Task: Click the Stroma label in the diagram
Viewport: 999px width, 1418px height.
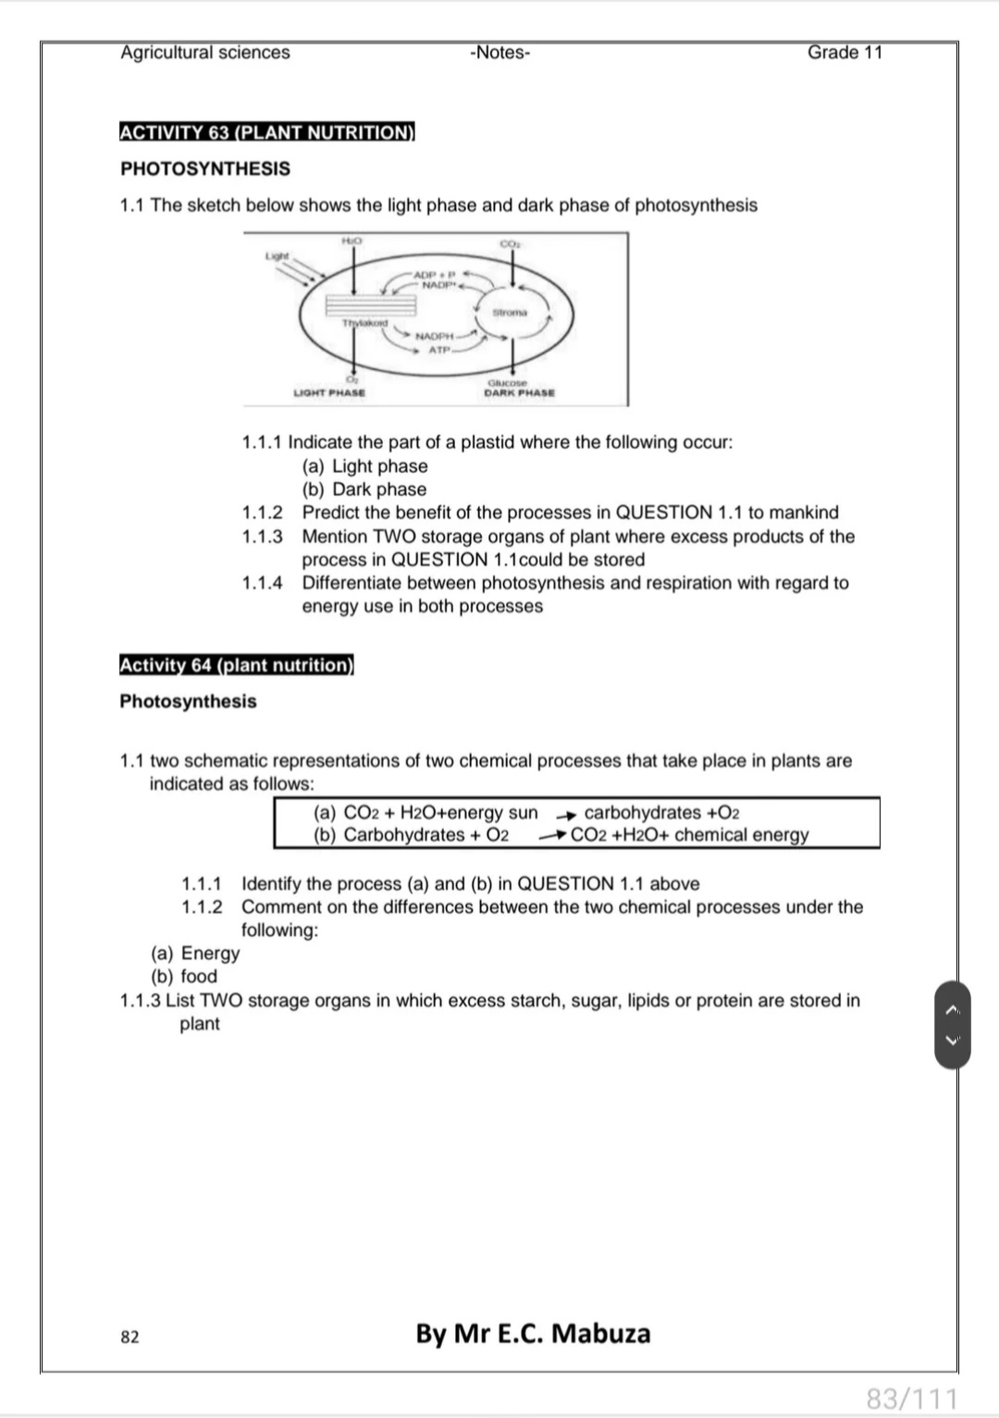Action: [x=510, y=313]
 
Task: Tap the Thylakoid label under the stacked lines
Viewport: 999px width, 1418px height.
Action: [x=365, y=323]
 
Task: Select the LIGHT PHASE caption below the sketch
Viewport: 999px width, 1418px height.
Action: [x=329, y=393]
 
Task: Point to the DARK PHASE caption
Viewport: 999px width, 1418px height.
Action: [x=520, y=393]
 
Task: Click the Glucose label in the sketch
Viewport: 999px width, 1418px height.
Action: [x=507, y=382]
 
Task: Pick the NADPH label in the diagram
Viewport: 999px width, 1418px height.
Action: [x=435, y=337]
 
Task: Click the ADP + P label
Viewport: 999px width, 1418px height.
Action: [x=435, y=275]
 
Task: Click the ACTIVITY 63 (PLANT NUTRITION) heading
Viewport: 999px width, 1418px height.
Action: [x=267, y=132]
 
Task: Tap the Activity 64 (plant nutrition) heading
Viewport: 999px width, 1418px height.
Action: [x=237, y=665]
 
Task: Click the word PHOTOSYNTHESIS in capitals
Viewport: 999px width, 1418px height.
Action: [x=205, y=168]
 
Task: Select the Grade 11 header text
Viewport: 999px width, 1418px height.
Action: [x=845, y=53]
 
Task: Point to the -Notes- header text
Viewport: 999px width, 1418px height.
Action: [x=500, y=53]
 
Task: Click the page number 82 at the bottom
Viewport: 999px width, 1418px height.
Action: [x=129, y=1337]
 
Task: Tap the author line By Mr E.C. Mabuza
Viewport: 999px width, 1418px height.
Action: [x=533, y=1334]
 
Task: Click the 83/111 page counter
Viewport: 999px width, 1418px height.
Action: [x=911, y=1398]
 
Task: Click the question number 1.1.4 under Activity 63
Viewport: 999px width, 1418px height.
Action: [x=262, y=583]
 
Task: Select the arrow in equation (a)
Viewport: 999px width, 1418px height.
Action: [x=566, y=814]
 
